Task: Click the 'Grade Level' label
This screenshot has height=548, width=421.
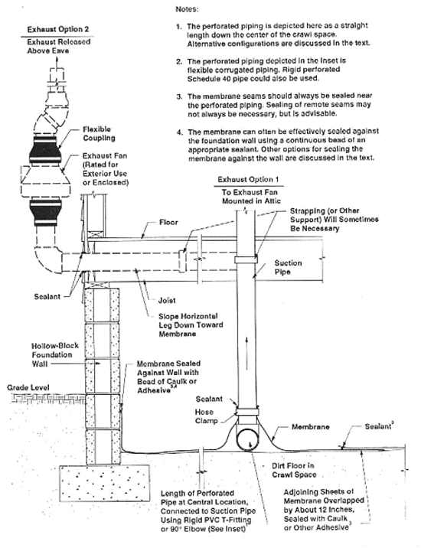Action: tap(25, 387)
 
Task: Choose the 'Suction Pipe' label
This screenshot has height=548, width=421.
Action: tap(288, 266)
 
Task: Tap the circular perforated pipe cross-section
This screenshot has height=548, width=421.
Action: tap(251, 442)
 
